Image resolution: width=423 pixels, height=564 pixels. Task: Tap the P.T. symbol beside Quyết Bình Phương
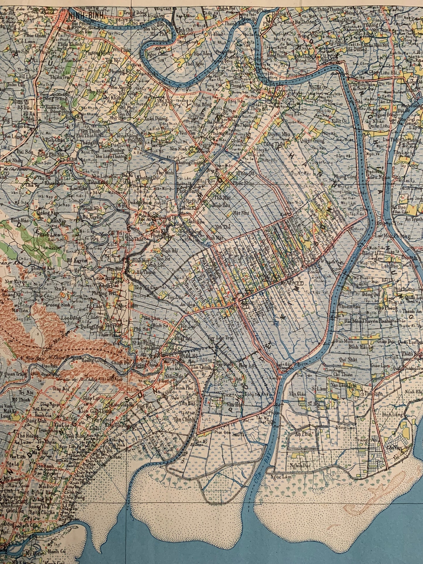click(299, 283)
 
